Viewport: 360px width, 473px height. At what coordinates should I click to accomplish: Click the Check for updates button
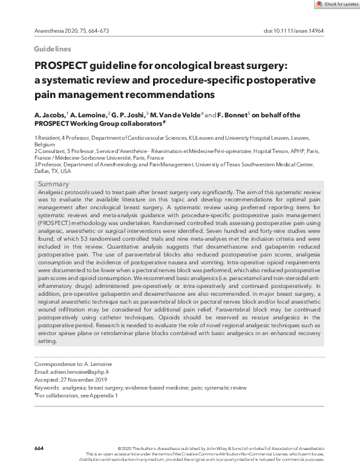(336, 4)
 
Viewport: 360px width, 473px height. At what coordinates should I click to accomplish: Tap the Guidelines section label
(53, 49)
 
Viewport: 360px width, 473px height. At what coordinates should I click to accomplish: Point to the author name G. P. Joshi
(128, 115)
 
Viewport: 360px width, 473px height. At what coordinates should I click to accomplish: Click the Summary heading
(53, 184)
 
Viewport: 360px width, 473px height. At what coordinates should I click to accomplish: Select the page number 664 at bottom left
(39, 448)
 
